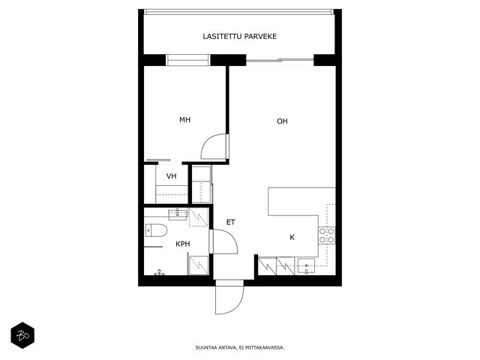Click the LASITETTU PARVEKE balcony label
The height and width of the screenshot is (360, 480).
coord(240,37)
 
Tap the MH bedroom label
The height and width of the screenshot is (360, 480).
coord(185,120)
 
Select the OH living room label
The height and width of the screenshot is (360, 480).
coord(282,121)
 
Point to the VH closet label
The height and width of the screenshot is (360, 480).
coord(172,176)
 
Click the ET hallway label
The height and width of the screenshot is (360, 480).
coord(230,222)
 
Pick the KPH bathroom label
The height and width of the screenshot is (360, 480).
coord(183,244)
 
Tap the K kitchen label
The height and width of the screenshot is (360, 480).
coord(292,237)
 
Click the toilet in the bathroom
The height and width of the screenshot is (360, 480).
coord(156,230)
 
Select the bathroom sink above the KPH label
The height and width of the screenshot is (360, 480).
coord(178,214)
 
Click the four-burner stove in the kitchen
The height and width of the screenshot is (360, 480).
coord(327,235)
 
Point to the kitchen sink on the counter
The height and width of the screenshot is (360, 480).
coord(307,266)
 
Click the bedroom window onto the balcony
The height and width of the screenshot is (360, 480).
coord(188,60)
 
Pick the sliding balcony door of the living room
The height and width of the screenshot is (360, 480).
coord(280,60)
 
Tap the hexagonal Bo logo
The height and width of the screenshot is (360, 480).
coord(22,335)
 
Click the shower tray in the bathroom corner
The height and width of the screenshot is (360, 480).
coord(198,265)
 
